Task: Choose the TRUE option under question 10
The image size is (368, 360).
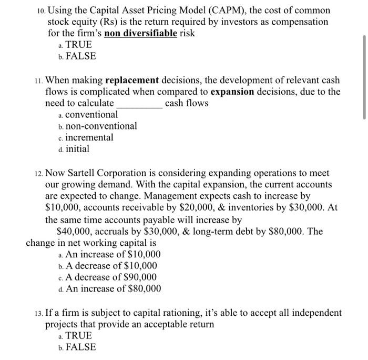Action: (78, 45)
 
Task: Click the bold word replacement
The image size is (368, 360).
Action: (132, 80)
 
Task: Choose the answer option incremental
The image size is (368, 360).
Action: (89, 137)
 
